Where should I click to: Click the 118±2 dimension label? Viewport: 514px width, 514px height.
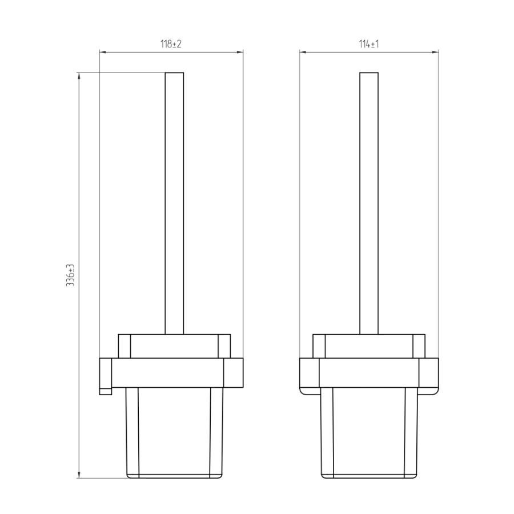coord(171,44)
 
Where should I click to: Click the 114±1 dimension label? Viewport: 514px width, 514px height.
coord(369,44)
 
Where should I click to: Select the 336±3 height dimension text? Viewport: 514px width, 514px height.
coord(70,275)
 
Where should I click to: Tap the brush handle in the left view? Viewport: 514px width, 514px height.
coord(174,203)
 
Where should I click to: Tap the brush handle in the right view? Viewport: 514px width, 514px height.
coord(369,203)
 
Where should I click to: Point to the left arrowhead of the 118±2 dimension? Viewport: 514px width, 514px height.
coord(103,52)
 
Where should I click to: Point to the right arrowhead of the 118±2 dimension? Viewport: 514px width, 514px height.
coord(240,52)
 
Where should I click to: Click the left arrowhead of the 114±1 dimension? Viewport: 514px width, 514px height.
coord(303,52)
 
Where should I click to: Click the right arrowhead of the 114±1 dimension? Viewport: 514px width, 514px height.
coord(435,52)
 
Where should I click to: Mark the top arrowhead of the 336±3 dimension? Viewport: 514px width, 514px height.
coord(79,76)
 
